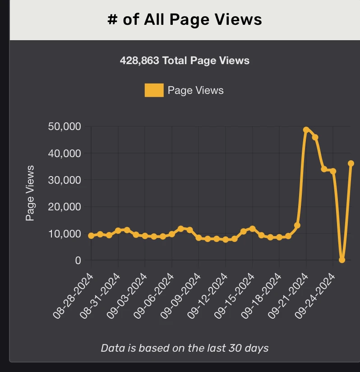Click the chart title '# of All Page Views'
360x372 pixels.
(185, 19)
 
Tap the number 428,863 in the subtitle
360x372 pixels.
(139, 60)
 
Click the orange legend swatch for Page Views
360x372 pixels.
(154, 90)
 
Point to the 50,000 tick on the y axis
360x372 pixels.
(64, 126)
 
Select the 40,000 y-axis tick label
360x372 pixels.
(64, 153)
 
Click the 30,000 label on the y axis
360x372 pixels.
(64, 180)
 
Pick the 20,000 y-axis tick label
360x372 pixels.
(64, 207)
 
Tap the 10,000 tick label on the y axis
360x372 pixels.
(64, 234)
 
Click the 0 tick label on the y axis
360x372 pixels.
(77, 260)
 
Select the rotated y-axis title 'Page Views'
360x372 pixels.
(30, 193)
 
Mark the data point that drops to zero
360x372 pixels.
(342, 260)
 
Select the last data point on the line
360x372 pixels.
(351, 163)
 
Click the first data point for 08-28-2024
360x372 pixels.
(91, 236)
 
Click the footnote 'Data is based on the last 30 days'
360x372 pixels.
(185, 348)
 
